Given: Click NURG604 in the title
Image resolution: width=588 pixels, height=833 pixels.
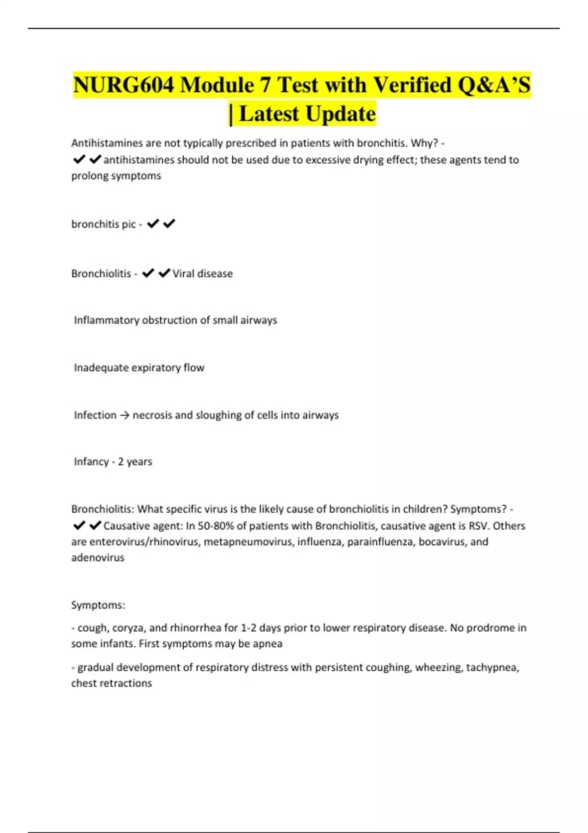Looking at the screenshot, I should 123,85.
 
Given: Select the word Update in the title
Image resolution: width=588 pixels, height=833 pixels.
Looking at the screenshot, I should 342,114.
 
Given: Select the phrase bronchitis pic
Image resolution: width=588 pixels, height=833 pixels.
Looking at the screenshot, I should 103,224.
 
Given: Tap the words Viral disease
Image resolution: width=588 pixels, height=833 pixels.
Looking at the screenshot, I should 202,273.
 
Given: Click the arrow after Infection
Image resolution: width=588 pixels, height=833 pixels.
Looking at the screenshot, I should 124,415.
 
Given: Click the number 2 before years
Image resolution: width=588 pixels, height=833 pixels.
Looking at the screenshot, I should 121,462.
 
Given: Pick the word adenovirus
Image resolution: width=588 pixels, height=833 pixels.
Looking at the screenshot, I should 98,558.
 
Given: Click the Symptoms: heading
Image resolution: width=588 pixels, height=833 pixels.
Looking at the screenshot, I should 98,605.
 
